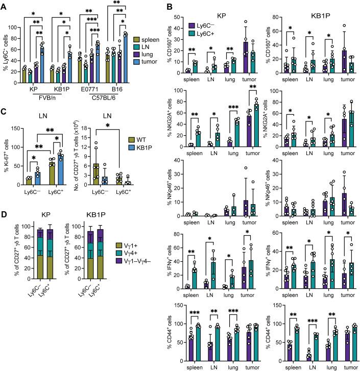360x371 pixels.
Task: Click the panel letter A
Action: coord(4,5)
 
